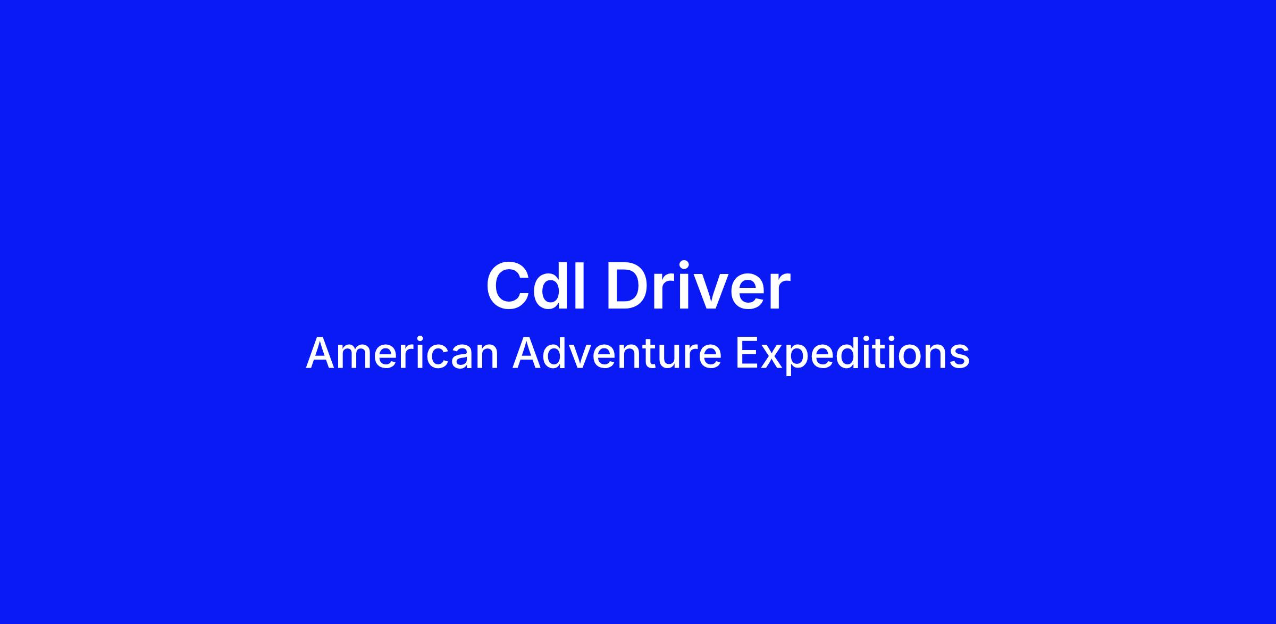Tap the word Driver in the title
[698, 286]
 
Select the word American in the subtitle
[402, 354]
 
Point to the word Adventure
[617, 354]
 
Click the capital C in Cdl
[509, 286]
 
